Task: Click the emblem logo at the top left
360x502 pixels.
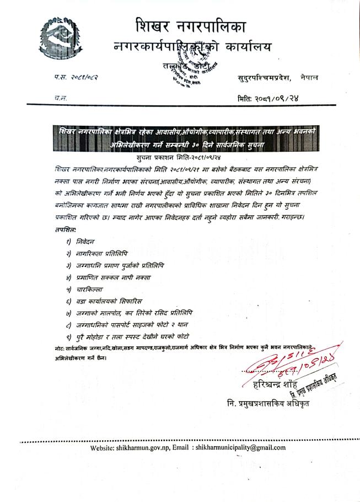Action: tap(57, 40)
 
